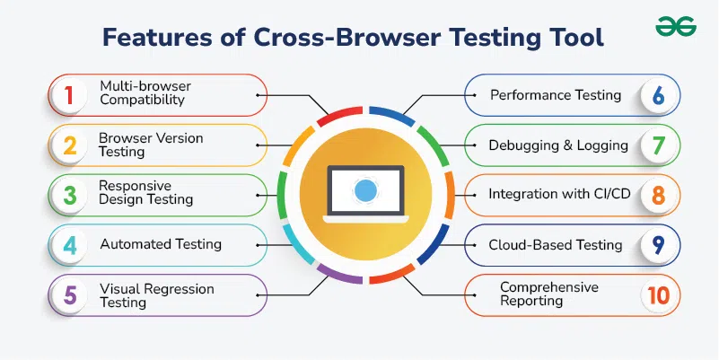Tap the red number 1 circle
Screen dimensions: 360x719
coord(68,94)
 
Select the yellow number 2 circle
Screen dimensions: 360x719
coord(68,145)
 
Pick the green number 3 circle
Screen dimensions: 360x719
coord(68,194)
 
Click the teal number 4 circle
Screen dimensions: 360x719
coord(68,244)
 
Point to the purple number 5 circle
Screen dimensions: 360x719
coord(68,294)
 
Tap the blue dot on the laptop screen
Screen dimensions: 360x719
coord(364,189)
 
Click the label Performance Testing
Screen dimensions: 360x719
coord(555,95)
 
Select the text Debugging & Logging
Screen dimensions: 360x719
coord(557,145)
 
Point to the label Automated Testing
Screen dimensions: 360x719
coord(160,244)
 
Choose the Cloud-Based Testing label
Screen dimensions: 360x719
coord(555,245)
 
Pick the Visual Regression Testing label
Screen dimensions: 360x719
coord(157,295)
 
